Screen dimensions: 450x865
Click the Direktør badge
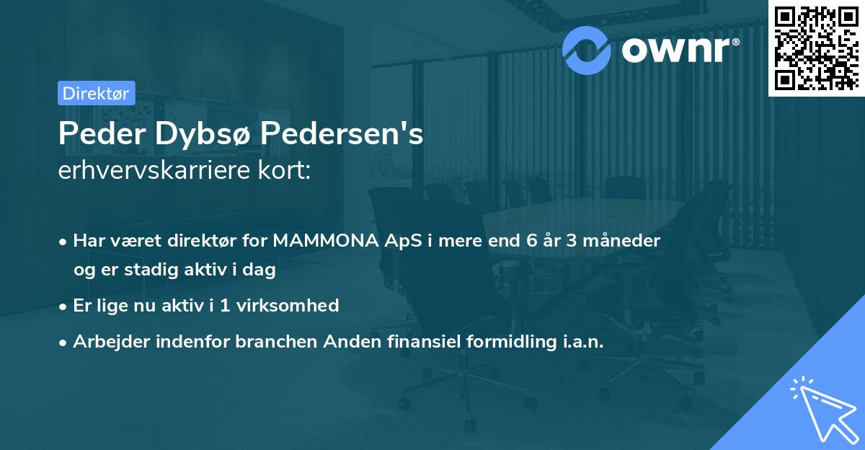tap(96, 93)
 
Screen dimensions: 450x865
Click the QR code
tap(816, 48)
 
